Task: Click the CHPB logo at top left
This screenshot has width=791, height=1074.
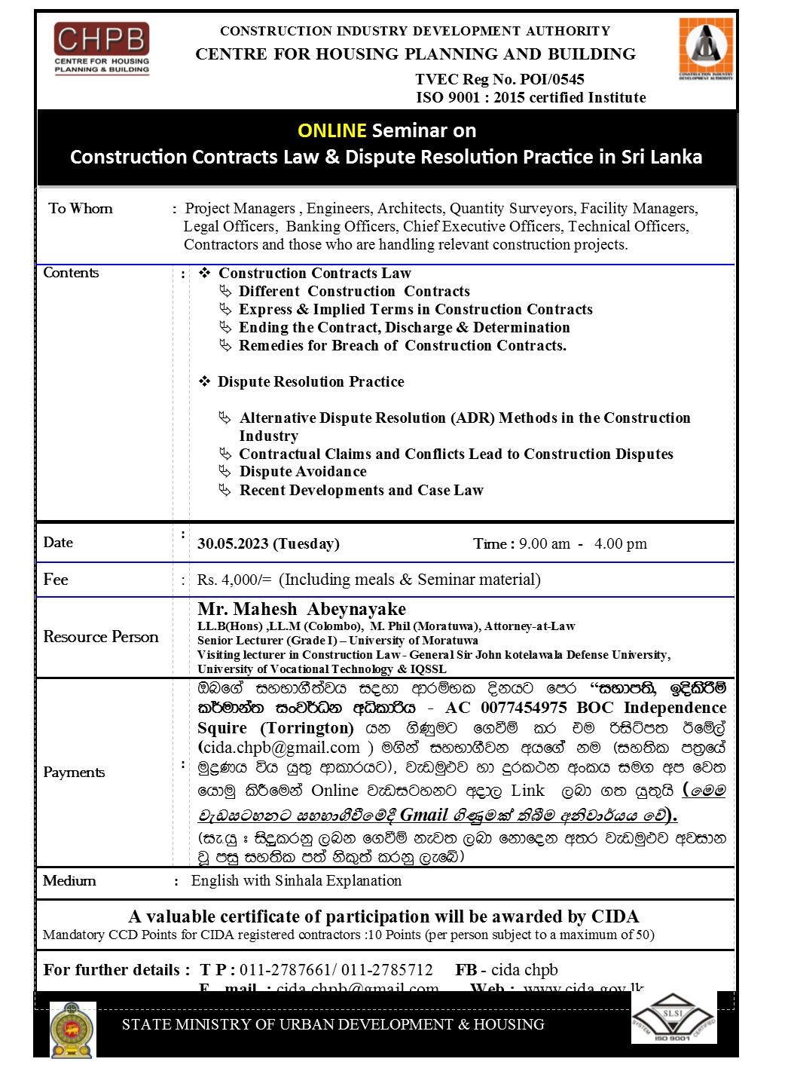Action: (102, 48)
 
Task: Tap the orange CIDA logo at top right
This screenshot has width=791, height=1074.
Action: (706, 48)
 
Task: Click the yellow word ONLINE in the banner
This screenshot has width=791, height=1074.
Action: (331, 130)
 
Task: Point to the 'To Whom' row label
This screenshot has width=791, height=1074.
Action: (81, 209)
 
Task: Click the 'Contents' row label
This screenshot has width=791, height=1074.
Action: (72, 273)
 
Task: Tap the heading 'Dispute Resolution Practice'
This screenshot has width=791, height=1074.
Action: (310, 382)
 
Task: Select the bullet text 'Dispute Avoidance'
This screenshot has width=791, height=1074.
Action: (303, 472)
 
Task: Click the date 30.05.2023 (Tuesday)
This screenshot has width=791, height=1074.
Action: (268, 543)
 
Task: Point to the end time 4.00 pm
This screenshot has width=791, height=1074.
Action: (620, 543)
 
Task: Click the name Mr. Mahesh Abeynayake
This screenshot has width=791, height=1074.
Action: (301, 609)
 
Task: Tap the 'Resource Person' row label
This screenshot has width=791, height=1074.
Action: (101, 637)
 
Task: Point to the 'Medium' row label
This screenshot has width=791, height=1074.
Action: (69, 881)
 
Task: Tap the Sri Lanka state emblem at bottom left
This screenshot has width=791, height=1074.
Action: (72, 1030)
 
